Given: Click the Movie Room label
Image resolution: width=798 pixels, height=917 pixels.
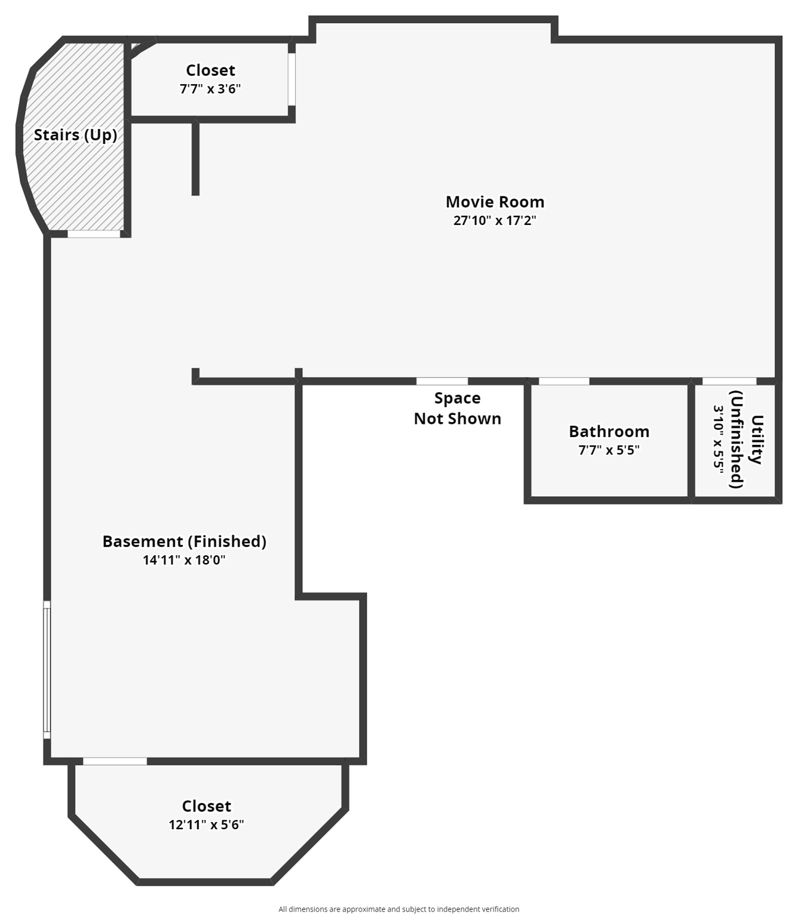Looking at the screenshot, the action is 495,202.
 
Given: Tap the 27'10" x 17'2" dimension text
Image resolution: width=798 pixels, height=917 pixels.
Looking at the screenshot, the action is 495,220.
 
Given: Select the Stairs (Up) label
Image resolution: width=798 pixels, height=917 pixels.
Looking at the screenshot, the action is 75,135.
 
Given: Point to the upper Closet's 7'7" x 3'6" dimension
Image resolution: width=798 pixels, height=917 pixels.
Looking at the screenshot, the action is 210,89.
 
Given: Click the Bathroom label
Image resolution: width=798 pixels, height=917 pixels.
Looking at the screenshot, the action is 609,432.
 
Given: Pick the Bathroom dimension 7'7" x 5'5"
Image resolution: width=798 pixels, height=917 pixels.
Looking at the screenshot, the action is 609,450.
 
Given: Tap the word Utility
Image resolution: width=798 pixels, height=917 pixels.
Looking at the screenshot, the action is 757,439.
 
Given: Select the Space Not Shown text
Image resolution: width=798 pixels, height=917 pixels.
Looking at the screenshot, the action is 458,408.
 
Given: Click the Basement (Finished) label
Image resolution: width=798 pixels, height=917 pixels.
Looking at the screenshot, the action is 184,541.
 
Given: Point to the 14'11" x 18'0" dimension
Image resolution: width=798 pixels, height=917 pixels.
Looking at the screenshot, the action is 184,560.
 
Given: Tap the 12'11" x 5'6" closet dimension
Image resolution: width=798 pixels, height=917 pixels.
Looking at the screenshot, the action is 206,824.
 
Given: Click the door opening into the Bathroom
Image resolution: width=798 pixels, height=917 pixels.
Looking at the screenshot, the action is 564,381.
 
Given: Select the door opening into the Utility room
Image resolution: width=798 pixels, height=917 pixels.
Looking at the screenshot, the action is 729,381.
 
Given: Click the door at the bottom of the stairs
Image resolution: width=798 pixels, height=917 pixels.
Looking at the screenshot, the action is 94,234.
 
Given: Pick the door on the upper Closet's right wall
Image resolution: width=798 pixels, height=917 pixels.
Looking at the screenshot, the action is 291,79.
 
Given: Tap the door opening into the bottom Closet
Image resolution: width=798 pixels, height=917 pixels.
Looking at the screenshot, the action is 115,761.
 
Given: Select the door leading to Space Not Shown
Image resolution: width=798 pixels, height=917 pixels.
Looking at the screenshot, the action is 442,381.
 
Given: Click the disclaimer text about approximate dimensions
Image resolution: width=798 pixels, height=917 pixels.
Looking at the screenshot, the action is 398,909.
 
